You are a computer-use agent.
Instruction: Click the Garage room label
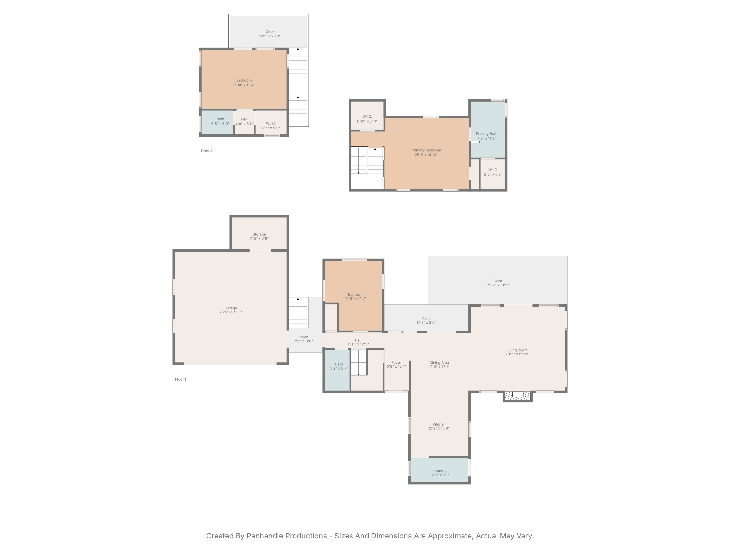pyautogui.click(x=230, y=308)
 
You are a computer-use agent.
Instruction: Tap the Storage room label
pyautogui.click(x=259, y=234)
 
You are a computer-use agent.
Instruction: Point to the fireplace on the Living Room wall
pyautogui.click(x=518, y=396)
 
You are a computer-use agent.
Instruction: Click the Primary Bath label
pyautogui.click(x=486, y=134)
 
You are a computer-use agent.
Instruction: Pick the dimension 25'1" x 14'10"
pyautogui.click(x=426, y=155)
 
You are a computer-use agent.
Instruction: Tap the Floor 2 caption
pyautogui.click(x=207, y=151)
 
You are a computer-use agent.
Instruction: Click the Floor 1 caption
pyautogui.click(x=181, y=379)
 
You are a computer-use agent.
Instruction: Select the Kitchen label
pyautogui.click(x=439, y=424)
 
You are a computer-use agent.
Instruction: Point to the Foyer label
pyautogui.click(x=396, y=362)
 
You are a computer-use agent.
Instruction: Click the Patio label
pyautogui.click(x=426, y=318)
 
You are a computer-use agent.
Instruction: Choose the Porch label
pyautogui.click(x=303, y=337)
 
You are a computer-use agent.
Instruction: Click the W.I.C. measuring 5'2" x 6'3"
pyautogui.click(x=493, y=174)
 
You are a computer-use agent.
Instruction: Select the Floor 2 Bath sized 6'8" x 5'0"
pyautogui.click(x=218, y=122)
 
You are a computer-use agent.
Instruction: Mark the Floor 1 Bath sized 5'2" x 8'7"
pyautogui.click(x=337, y=370)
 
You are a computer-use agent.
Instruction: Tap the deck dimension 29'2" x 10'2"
pyautogui.click(x=498, y=285)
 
